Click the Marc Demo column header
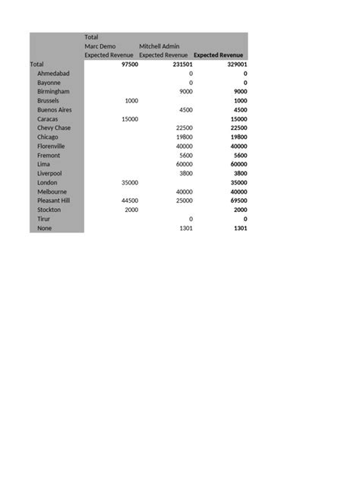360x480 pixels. tap(100, 46)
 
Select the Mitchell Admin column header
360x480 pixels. tap(159, 46)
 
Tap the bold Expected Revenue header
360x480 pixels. tap(219, 55)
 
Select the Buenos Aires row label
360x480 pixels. tap(55, 109)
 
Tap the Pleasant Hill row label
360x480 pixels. tap(54, 201)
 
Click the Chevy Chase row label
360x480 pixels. tap(54, 128)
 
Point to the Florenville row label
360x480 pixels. tap(52, 146)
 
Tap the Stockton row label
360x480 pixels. tap(49, 210)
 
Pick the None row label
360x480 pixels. tap(45, 228)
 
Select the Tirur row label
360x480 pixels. tap(45, 219)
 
